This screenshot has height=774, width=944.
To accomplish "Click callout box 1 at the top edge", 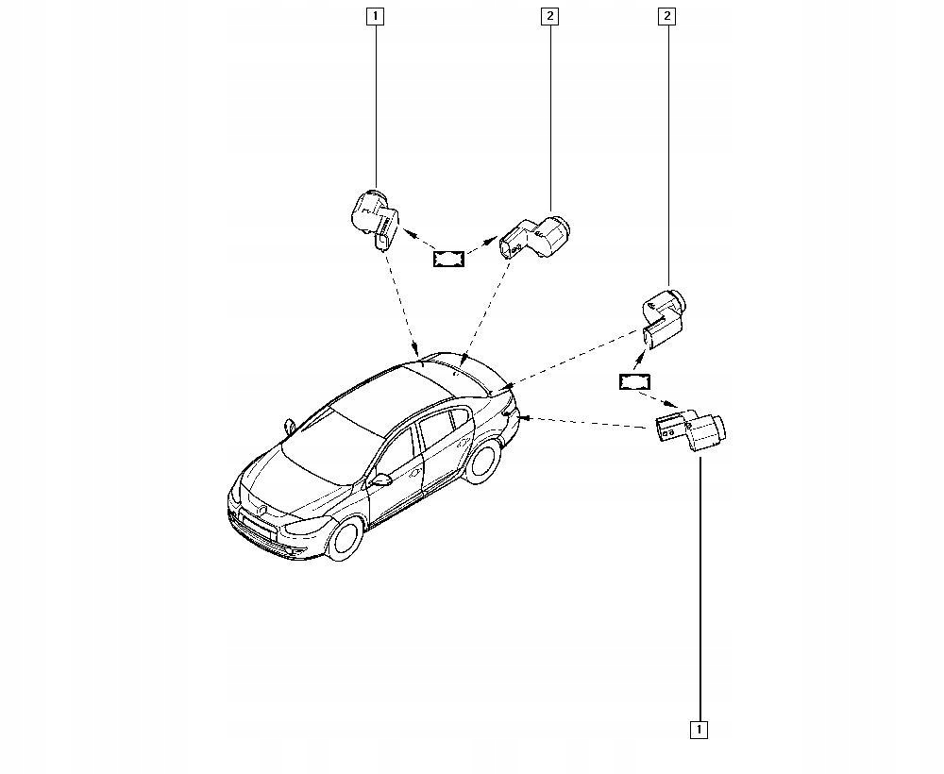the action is coord(376,16).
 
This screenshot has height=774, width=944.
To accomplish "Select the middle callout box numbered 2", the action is coord(549,16).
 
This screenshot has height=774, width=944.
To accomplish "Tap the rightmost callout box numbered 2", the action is coord(667,16).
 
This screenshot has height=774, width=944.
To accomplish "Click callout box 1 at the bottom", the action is coord(699,729).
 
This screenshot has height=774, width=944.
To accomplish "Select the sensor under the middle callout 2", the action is coord(535,234).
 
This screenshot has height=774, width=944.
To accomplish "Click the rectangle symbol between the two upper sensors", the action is coord(449,258).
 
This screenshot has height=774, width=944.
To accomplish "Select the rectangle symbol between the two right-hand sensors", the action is coord(635,381).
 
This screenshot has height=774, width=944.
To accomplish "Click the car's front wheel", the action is coord(344,537).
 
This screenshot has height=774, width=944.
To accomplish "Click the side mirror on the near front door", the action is coord(382,480).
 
